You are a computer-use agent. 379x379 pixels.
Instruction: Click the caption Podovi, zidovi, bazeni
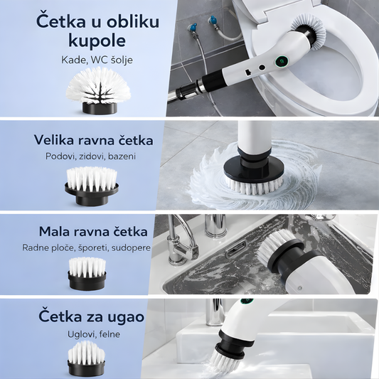pos(90,156)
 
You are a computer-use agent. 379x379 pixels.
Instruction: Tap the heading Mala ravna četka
pos(92,232)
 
